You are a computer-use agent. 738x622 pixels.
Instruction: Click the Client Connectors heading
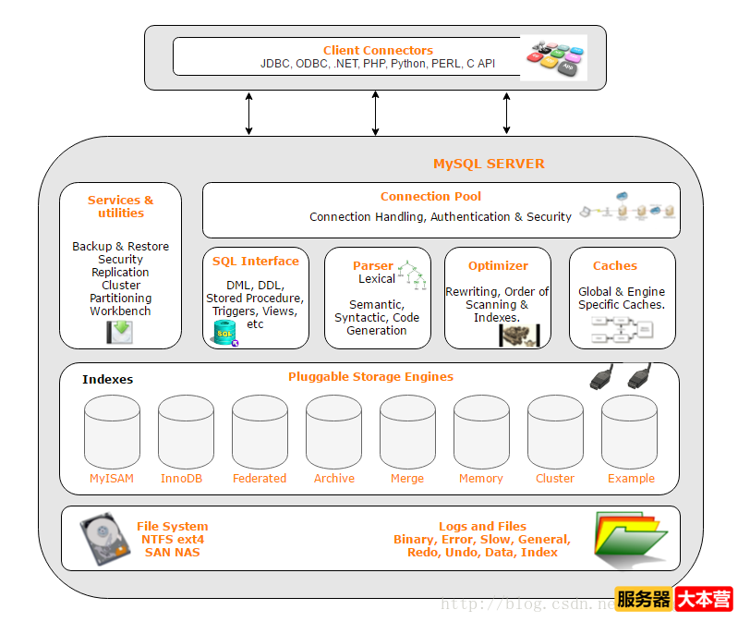pyautogui.click(x=378, y=50)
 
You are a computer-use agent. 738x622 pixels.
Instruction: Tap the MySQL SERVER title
pyautogui.click(x=489, y=164)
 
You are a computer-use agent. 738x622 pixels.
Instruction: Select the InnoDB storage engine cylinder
pyautogui.click(x=186, y=433)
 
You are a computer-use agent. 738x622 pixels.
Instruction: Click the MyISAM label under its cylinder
pyautogui.click(x=112, y=479)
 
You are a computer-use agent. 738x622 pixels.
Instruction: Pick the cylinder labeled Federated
pyautogui.click(x=260, y=433)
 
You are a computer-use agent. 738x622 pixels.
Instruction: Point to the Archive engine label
pyautogui.click(x=333, y=479)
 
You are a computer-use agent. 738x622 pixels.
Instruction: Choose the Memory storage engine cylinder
pyautogui.click(x=481, y=433)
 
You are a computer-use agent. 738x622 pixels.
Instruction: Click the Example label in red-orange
pyautogui.click(x=631, y=479)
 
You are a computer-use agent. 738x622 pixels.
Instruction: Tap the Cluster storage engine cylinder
pyautogui.click(x=555, y=433)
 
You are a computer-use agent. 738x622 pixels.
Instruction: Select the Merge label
pyautogui.click(x=407, y=479)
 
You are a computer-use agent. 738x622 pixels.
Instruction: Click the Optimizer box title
pyautogui.click(x=498, y=265)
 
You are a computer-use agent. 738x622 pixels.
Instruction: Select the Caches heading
pyautogui.click(x=614, y=265)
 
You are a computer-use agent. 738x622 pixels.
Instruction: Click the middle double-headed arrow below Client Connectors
pyautogui.click(x=375, y=114)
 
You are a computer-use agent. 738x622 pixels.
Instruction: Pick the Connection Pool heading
pyautogui.click(x=430, y=196)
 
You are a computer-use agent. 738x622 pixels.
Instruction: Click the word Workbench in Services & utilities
pyautogui.click(x=120, y=311)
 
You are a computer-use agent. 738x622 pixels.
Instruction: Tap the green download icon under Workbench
pyautogui.click(x=119, y=332)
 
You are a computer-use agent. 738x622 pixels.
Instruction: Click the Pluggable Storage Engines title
pyautogui.click(x=370, y=376)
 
